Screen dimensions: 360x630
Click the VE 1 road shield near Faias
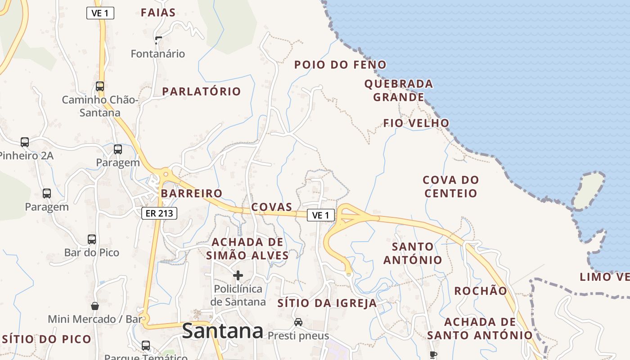coord(100,13)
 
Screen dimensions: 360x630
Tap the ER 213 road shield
coord(159,213)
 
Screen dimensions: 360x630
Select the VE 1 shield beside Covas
coord(321,215)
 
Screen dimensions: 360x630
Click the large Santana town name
coord(222,331)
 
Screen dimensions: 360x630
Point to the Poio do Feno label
coord(340,65)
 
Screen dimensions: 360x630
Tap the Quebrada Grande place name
coord(399,90)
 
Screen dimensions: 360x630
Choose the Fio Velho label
coord(416,123)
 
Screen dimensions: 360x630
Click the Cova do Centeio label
coord(451,187)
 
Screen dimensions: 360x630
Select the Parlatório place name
coord(202,91)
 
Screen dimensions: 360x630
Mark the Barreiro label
coord(192,193)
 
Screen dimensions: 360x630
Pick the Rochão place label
coord(481,291)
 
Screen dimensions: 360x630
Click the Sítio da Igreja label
coord(327,303)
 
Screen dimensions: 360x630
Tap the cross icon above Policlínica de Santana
coord(238,275)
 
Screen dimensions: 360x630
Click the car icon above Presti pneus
coord(298,322)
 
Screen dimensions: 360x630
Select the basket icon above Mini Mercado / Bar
coord(95,306)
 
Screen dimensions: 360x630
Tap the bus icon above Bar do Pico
coord(92,239)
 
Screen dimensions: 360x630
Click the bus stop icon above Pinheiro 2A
coord(25,142)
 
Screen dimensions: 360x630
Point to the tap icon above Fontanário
coord(158,40)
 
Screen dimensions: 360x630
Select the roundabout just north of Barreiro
coord(166,173)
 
